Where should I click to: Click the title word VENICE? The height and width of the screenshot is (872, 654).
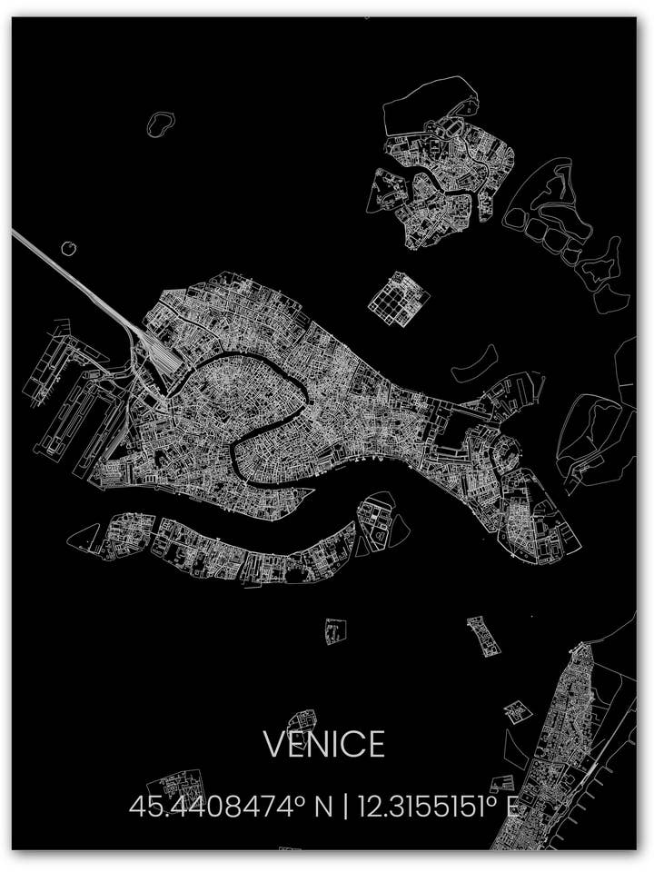click(324, 745)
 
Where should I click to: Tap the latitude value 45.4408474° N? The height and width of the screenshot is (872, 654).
click(231, 806)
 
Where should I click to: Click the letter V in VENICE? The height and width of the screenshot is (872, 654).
click(273, 745)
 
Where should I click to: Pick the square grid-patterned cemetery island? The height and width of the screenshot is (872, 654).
click(398, 296)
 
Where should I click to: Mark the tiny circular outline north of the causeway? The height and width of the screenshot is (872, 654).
click(69, 247)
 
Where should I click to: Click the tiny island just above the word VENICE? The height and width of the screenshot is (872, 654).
click(299, 721)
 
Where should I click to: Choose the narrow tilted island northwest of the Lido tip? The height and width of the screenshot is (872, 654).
click(483, 636)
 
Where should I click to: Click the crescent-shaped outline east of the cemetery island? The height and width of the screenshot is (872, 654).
click(474, 363)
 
